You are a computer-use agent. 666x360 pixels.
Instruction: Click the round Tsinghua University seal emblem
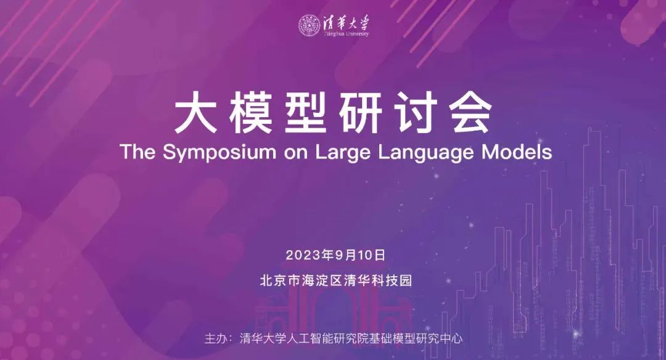309,25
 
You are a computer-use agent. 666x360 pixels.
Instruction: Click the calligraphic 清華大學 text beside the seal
346,23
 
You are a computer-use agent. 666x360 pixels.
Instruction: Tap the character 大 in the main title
195,113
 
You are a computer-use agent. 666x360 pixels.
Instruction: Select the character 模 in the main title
250,113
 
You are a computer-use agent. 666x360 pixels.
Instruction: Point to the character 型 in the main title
306,113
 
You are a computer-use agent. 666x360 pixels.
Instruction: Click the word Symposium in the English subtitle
219,152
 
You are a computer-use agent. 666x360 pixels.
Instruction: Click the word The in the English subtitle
138,152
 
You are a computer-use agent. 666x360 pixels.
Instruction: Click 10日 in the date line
372,255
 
